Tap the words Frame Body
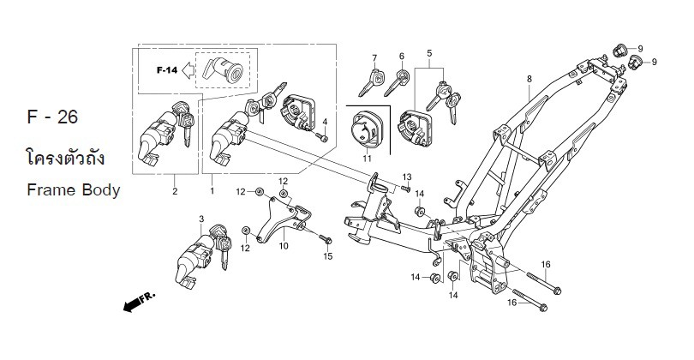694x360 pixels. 73,189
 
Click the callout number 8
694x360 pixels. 529,79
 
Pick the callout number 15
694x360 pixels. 327,256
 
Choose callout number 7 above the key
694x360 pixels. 374,57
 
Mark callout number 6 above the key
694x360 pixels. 400,57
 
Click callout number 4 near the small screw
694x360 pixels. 325,121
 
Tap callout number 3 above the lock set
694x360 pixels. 201,219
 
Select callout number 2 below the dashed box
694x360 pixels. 175,190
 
